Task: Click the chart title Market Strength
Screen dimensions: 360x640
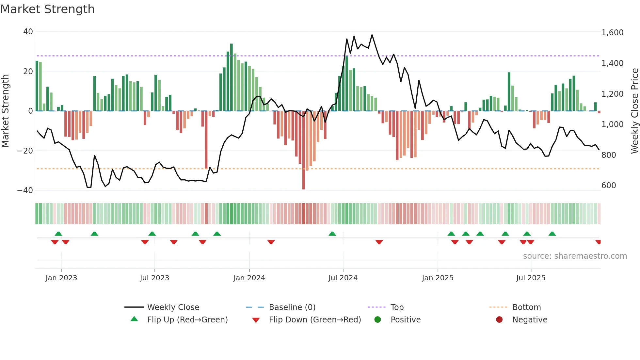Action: pyautogui.click(x=47, y=9)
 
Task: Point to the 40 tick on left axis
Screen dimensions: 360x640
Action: pyautogui.click(x=28, y=32)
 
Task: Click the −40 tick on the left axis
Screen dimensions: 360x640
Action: pyautogui.click(x=25, y=190)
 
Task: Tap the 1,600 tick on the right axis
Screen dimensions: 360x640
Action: pyautogui.click(x=612, y=33)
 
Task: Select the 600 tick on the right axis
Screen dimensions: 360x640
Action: pyautogui.click(x=609, y=185)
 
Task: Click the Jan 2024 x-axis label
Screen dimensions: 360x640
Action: pyautogui.click(x=249, y=278)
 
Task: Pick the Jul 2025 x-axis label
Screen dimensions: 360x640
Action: pyautogui.click(x=531, y=278)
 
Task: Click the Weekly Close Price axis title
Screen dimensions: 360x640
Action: pyautogui.click(x=634, y=111)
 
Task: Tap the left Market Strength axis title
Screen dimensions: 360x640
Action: pyautogui.click(x=6, y=111)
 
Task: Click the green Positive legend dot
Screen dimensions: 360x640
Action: pyautogui.click(x=377, y=319)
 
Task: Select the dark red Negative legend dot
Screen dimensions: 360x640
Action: pyautogui.click(x=499, y=319)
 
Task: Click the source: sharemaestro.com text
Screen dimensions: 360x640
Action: pyautogui.click(x=575, y=256)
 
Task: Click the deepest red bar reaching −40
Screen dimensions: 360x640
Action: pyautogui.click(x=303, y=150)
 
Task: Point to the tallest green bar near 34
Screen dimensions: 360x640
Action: pyautogui.click(x=231, y=77)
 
